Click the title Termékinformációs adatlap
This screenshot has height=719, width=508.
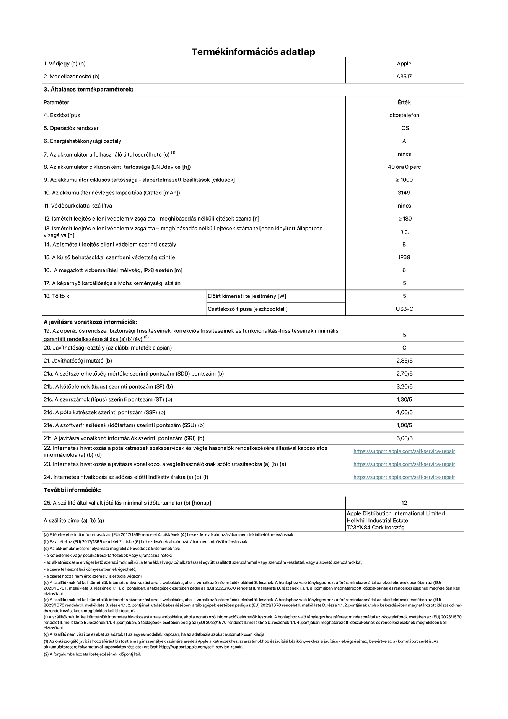253,52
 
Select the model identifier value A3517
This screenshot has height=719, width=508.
404,76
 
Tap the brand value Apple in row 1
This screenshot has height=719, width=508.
404,64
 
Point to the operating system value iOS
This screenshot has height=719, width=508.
404,128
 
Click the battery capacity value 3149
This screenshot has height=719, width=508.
404,193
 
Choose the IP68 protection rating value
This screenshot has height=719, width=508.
404,257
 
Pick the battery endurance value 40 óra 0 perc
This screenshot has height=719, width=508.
404,167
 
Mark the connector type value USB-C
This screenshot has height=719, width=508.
404,309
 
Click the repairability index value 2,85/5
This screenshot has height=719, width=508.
404,361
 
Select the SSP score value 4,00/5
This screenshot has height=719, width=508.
404,412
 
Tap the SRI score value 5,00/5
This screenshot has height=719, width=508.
404,438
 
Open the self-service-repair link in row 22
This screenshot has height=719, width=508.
404,451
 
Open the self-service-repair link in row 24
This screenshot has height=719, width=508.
404,477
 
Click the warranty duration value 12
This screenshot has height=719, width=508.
404,503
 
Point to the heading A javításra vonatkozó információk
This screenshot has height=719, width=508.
90,322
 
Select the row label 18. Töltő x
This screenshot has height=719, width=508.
56,296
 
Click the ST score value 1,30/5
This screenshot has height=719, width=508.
404,399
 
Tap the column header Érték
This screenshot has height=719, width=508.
404,102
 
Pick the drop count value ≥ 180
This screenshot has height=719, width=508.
404,219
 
